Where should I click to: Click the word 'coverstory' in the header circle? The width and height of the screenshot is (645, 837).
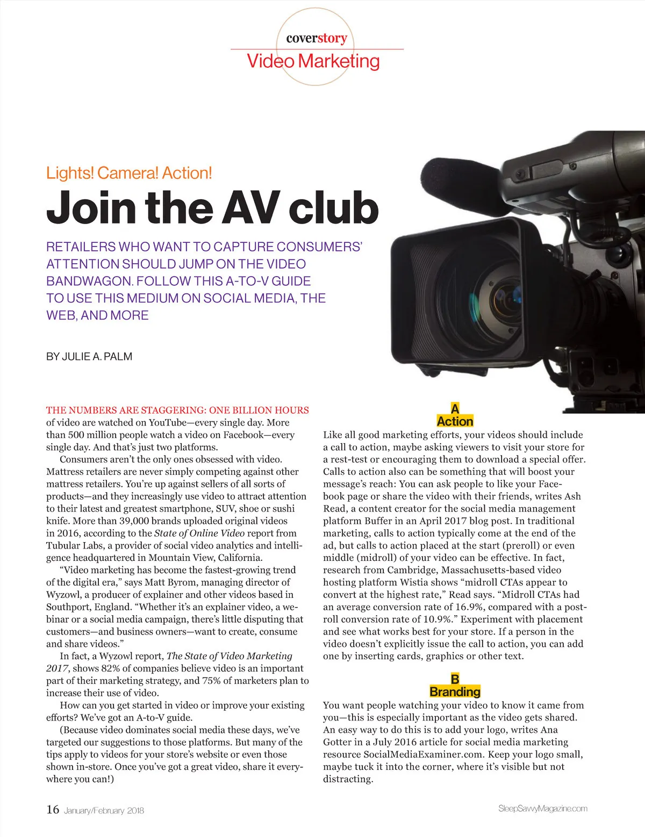pos(317,39)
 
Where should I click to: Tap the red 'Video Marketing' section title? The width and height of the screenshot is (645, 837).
pos(313,61)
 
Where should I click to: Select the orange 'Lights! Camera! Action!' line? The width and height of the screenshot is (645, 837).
pos(129,173)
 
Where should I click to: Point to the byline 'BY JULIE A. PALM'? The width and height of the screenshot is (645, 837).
pos(89,357)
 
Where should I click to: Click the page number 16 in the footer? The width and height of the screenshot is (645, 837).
pos(53,810)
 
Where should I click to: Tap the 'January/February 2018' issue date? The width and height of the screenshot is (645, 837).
pos(104,811)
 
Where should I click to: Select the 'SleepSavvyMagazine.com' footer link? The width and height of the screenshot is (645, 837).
pos(542,809)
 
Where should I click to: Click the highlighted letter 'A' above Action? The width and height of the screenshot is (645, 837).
pos(455,409)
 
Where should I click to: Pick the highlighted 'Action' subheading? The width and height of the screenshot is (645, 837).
pos(455,421)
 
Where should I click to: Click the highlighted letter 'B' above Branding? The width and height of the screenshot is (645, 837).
pos(455,679)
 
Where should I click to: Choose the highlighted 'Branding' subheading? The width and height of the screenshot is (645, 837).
pos(455,692)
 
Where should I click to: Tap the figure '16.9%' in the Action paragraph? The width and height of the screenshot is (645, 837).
pos(470,607)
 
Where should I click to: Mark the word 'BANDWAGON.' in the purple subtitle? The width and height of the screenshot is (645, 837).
pos(89,281)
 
